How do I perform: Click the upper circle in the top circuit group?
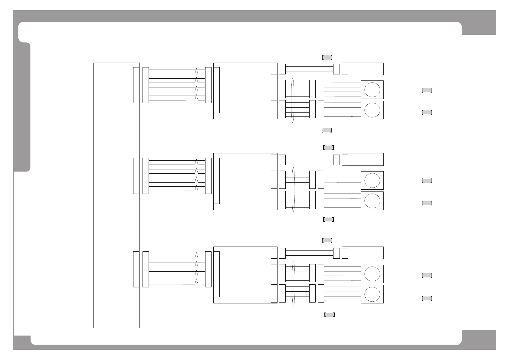(x=372, y=90)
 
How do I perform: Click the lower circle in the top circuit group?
(x=372, y=110)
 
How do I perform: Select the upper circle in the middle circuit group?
(x=372, y=180)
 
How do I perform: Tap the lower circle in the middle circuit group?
(x=372, y=201)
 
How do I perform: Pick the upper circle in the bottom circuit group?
(x=372, y=274)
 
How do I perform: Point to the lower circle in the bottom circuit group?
(x=372, y=294)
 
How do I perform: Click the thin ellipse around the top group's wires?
(x=293, y=100)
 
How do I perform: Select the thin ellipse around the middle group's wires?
(x=293, y=189)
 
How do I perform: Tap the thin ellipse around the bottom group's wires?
(x=293, y=283)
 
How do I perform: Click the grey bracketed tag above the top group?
(x=327, y=57)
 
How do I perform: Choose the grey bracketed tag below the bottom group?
(x=330, y=315)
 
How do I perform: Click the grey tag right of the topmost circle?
(x=427, y=90)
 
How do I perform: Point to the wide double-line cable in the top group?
(x=309, y=69)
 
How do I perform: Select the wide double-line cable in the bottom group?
(x=309, y=253)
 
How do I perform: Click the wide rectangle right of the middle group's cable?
(x=363, y=159)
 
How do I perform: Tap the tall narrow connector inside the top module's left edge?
(x=216, y=90)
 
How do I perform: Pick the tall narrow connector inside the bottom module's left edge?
(x=216, y=274)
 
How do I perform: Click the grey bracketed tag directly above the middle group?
(x=328, y=148)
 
